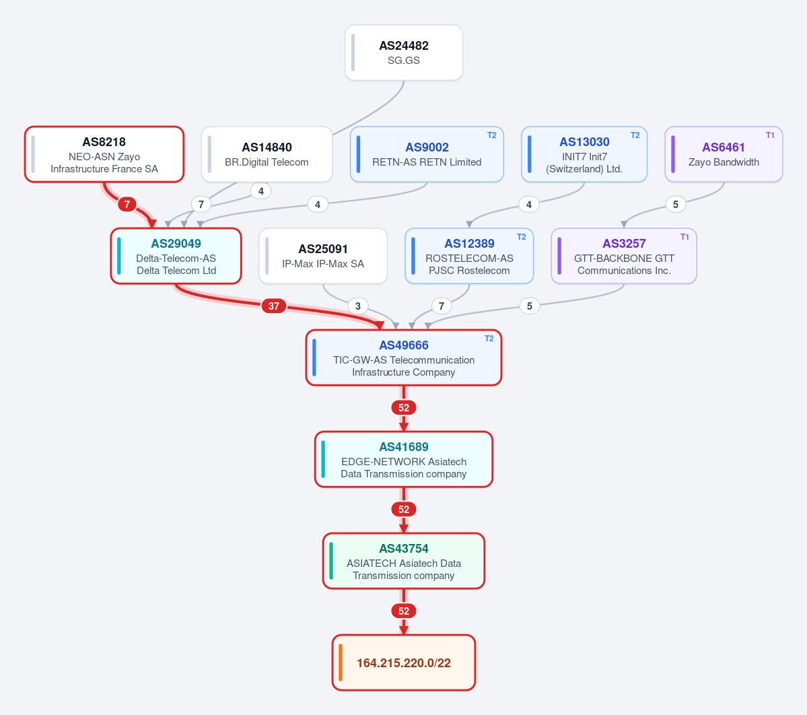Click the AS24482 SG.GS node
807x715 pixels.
404,53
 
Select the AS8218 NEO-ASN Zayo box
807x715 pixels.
104,154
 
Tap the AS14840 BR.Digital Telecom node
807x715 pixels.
267,154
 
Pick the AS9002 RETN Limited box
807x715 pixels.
427,154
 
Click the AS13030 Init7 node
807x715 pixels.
584,154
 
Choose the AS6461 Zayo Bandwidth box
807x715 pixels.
724,154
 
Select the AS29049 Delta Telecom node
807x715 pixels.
176,256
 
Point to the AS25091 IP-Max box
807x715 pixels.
323,256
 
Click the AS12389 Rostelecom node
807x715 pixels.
469,256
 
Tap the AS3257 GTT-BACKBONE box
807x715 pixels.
624,256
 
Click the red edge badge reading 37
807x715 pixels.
274,306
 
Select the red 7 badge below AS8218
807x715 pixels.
127,205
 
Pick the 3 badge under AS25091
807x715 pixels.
358,306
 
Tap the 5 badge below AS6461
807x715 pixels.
676,205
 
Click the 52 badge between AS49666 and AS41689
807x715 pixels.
404,408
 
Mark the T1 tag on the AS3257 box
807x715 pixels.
685,237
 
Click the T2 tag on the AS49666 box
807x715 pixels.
489,338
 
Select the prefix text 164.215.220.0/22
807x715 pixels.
404,663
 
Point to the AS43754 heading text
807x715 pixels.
404,549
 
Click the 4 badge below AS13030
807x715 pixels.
528,205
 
